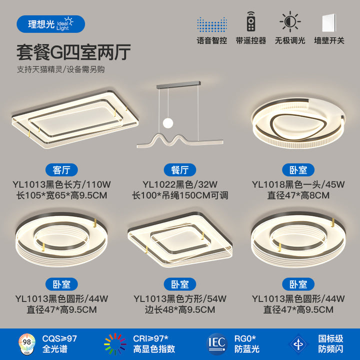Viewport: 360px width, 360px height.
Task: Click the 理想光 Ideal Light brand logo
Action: (x=50, y=24)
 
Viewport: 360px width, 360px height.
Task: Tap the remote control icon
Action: (x=251, y=21)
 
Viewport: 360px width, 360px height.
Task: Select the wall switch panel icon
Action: (x=329, y=23)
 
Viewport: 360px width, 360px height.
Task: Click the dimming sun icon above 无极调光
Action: (x=290, y=21)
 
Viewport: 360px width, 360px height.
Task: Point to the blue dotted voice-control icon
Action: (x=212, y=24)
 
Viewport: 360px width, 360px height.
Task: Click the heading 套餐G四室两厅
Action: (x=73, y=52)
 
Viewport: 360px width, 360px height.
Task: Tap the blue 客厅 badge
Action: (x=61, y=170)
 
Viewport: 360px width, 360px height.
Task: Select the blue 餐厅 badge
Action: (x=180, y=170)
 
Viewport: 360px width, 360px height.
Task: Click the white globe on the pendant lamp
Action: (x=168, y=123)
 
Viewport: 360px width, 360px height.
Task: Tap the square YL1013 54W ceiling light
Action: (x=180, y=239)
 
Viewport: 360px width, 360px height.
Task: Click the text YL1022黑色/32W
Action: (x=180, y=184)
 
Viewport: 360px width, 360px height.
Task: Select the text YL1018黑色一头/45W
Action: (x=298, y=184)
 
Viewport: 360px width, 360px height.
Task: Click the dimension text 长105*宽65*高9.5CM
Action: (x=61, y=195)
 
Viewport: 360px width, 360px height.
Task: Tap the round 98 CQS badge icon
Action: (x=27, y=343)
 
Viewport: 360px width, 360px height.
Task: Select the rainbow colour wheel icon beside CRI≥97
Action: (x=115, y=344)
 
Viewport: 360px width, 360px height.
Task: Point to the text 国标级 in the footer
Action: (x=330, y=338)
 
